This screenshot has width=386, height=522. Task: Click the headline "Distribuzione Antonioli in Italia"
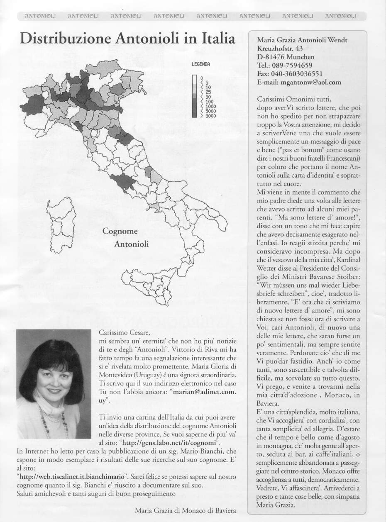tap(127, 40)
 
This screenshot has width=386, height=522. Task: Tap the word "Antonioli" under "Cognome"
tap(131, 244)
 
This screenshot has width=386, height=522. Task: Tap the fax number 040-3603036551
tap(299, 73)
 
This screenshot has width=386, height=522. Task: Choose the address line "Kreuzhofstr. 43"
tap(280, 49)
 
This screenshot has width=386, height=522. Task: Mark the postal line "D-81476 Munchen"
tap(286, 57)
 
